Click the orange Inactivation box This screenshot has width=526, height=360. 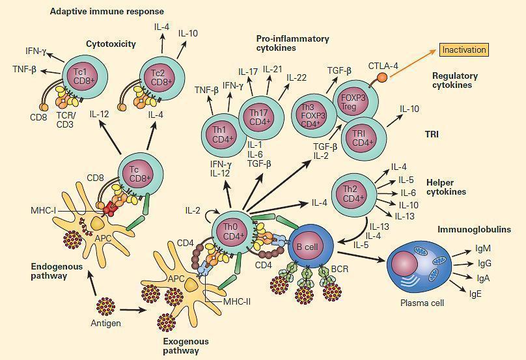click(464, 49)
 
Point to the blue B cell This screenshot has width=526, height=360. click(309, 247)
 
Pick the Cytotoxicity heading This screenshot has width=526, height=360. click(111, 44)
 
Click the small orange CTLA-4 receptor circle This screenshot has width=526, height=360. click(382, 77)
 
